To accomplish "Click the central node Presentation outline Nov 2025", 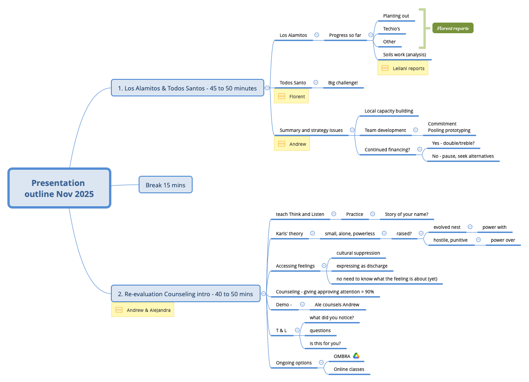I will click(59, 188).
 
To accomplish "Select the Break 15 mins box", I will click(165, 185).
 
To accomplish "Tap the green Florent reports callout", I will click(453, 28).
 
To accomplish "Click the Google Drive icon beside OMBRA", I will click(356, 356).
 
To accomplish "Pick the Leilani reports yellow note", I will click(403, 68).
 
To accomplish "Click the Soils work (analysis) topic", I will click(404, 54).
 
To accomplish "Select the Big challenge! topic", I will click(343, 83).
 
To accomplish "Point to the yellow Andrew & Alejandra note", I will click(143, 310).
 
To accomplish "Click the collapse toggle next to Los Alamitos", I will click(316, 35).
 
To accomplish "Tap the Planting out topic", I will click(396, 16).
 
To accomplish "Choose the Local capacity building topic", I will click(389, 111).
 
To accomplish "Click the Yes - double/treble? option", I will click(453, 143).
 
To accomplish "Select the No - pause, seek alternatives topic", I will click(462, 156).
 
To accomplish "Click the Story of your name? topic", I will click(406, 214).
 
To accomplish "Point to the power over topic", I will click(503, 240).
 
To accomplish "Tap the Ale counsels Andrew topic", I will click(337, 304).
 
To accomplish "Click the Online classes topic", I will click(349, 369).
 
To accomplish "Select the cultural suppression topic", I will click(358, 253).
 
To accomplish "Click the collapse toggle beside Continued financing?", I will click(420, 149).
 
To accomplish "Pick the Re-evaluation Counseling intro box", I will click(185, 293).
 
